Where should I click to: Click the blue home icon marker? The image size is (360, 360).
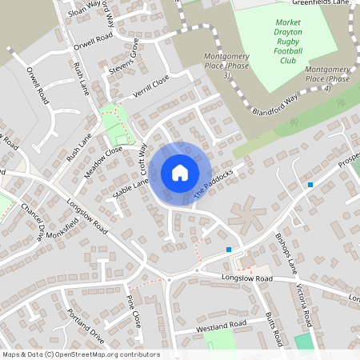click(x=179, y=173)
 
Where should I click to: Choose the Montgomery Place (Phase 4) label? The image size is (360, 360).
click(x=330, y=75)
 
